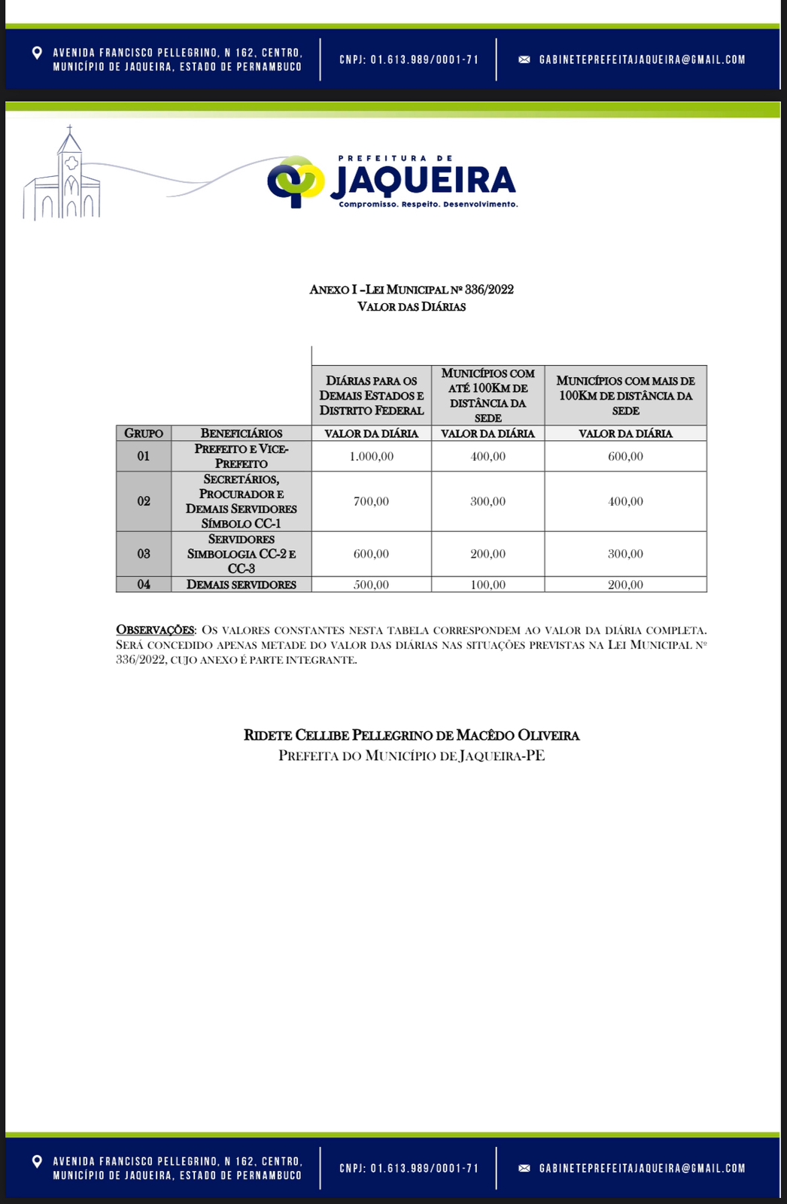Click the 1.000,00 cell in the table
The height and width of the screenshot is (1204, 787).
click(372, 457)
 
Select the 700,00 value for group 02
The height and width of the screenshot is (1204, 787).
click(372, 502)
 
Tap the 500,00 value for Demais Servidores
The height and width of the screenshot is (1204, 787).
click(372, 585)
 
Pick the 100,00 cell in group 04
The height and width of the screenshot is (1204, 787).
click(488, 585)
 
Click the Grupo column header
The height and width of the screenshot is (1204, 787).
click(144, 433)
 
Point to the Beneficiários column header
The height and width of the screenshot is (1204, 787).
click(242, 433)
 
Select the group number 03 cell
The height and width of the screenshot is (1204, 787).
click(144, 554)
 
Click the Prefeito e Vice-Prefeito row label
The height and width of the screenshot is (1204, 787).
click(242, 456)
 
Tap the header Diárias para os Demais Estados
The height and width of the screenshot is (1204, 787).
click(372, 396)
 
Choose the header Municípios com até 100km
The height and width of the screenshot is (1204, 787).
click(488, 395)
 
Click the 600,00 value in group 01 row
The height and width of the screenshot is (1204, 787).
click(625, 457)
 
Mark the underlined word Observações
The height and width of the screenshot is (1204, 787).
click(155, 630)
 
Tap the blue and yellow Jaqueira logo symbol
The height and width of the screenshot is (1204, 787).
click(296, 181)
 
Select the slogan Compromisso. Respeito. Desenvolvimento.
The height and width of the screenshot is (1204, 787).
click(428, 205)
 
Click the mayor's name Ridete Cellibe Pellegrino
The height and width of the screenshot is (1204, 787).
click(412, 735)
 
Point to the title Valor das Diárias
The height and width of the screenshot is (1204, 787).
click(412, 307)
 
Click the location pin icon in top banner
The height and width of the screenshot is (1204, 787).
click(37, 53)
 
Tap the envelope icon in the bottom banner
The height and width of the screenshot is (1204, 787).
click(524, 1169)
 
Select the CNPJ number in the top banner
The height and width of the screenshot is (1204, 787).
click(409, 59)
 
